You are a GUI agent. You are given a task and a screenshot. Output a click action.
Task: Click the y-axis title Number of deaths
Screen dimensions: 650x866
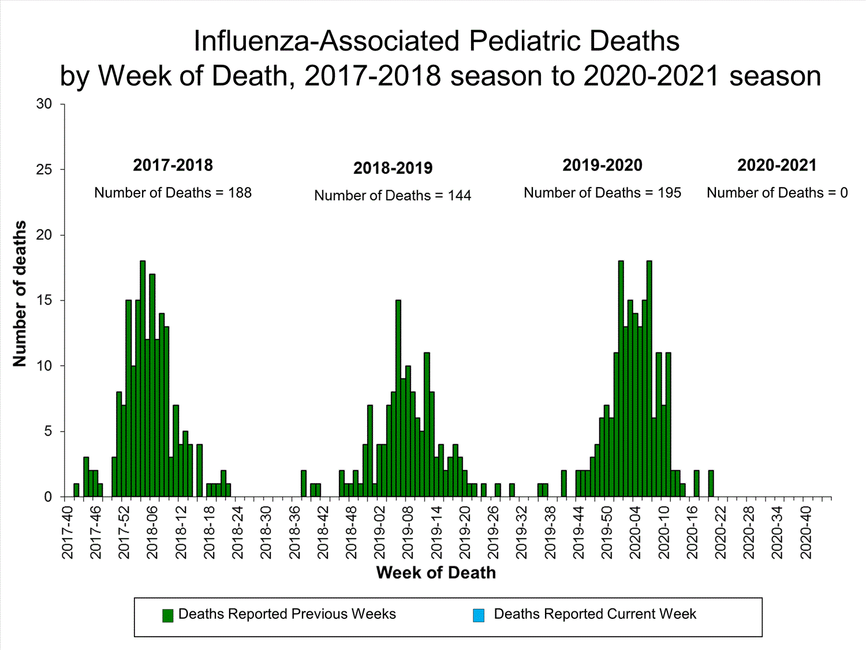click(20, 294)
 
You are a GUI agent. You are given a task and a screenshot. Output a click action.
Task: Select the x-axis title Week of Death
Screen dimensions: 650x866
click(436, 573)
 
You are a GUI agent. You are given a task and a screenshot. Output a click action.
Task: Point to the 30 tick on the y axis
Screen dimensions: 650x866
click(44, 104)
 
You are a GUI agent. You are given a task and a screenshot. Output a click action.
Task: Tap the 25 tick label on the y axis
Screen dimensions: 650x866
click(44, 170)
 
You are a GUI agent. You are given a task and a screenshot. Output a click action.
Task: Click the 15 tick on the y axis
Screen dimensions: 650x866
click(44, 300)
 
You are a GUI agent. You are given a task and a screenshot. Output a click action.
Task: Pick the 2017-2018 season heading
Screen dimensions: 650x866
click(173, 165)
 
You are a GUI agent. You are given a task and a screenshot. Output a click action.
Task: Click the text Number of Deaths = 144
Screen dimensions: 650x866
click(393, 196)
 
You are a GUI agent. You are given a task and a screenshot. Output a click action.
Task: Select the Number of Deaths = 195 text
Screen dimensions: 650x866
click(602, 193)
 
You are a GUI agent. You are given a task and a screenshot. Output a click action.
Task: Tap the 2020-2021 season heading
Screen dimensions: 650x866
click(777, 165)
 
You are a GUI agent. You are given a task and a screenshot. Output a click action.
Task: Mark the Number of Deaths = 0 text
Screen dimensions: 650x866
click(777, 193)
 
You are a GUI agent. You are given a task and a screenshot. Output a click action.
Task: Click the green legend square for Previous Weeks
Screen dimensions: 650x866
click(168, 615)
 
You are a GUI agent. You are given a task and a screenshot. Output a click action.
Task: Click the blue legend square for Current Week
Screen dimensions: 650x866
click(479, 615)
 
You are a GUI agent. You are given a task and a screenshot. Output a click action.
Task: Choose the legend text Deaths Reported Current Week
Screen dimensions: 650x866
click(595, 614)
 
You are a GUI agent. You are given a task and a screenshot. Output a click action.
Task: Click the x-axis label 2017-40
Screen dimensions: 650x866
click(68, 533)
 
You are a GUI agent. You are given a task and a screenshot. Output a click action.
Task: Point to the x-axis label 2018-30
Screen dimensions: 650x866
click(266, 533)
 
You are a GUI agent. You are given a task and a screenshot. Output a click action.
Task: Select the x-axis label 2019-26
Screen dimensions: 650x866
click(494, 533)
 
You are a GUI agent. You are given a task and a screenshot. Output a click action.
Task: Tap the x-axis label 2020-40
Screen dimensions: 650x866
click(806, 533)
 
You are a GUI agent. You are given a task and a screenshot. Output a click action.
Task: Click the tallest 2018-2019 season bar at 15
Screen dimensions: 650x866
click(398, 398)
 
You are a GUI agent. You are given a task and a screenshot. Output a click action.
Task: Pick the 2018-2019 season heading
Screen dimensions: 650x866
click(393, 168)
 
